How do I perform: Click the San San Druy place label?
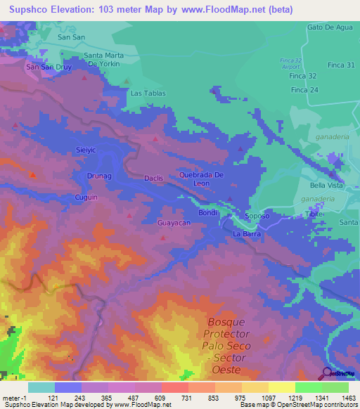click(x=49, y=67)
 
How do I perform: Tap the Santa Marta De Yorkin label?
click(x=108, y=59)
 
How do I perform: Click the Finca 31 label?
click(x=341, y=65)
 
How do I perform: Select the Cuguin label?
click(x=86, y=198)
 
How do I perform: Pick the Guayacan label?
click(x=174, y=223)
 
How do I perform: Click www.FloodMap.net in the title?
click(x=214, y=9)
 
